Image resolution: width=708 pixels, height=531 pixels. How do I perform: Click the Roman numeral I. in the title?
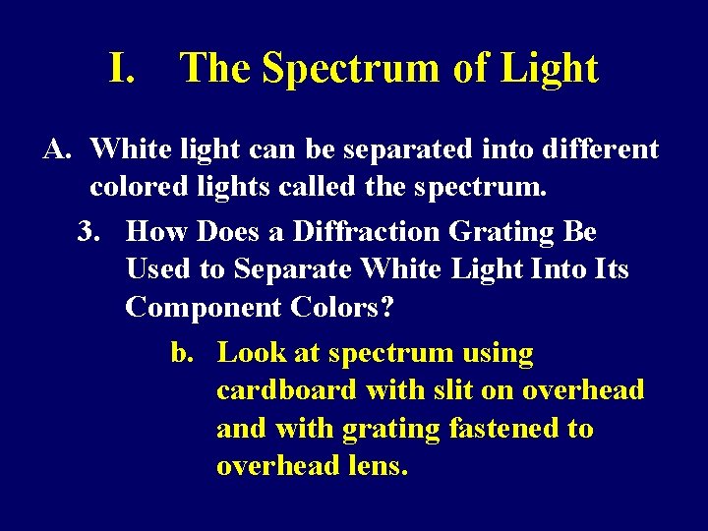(121, 69)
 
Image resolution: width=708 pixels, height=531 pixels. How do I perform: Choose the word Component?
(204, 308)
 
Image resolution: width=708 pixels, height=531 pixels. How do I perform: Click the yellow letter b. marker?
(183, 353)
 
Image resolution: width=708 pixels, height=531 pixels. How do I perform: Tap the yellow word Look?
(251, 353)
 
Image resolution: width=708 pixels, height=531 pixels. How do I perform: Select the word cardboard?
(286, 390)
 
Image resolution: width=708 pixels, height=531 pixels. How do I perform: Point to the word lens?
(378, 466)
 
